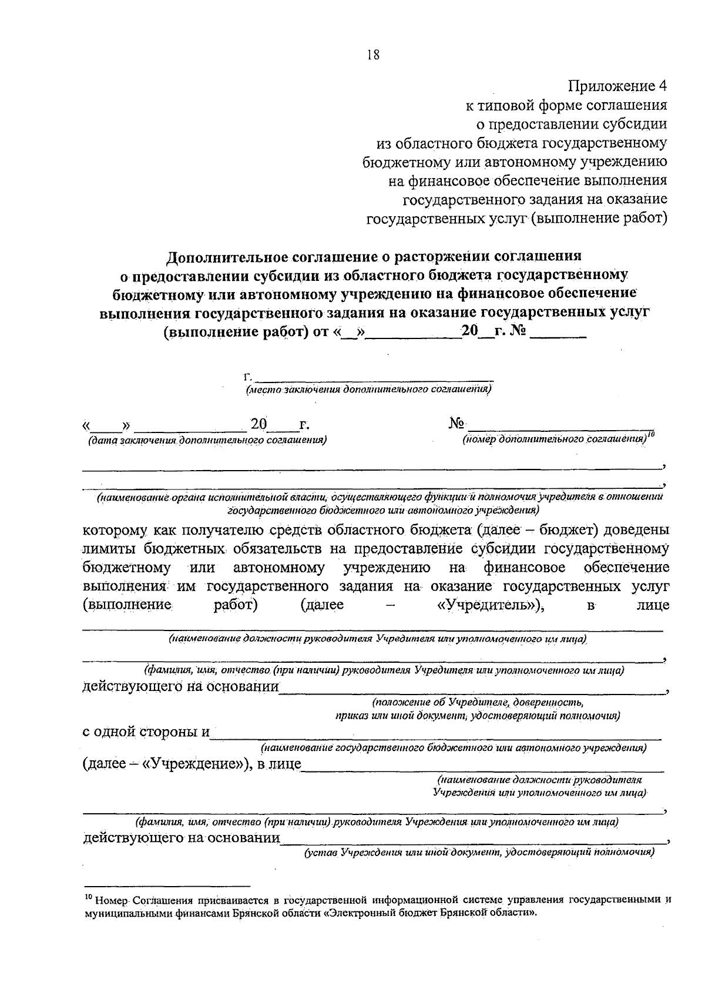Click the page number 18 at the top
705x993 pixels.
click(x=373, y=55)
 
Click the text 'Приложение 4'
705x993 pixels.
click(x=617, y=86)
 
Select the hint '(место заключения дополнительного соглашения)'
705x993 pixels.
click(x=368, y=389)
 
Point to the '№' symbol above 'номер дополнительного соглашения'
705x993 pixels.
click(x=457, y=424)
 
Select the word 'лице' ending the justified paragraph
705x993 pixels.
click(x=653, y=606)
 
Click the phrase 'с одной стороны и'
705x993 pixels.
click(x=146, y=732)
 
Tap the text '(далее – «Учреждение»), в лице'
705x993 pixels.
click(x=192, y=764)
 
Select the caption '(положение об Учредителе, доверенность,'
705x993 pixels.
click(x=477, y=702)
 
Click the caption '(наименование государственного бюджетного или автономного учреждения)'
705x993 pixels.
click(x=454, y=748)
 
